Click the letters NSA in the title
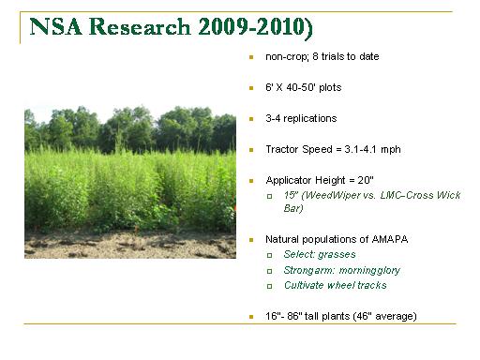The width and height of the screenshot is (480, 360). (x=56, y=26)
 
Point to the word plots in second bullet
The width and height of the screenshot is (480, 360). (x=330, y=87)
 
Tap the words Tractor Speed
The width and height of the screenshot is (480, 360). (x=299, y=149)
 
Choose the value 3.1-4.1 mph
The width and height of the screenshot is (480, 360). (x=372, y=149)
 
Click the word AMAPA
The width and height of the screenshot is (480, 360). (x=390, y=239)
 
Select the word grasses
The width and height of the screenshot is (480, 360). (x=337, y=255)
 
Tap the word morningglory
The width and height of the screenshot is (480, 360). (x=369, y=270)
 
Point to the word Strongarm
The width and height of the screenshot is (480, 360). (x=309, y=270)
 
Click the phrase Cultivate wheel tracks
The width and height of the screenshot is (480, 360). (x=335, y=285)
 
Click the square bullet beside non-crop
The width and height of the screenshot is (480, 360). (x=251, y=57)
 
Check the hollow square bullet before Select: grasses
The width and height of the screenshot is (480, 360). (x=269, y=255)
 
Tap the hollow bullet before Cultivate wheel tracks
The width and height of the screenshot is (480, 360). (x=269, y=286)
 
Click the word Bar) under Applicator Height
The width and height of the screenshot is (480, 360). (x=293, y=208)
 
